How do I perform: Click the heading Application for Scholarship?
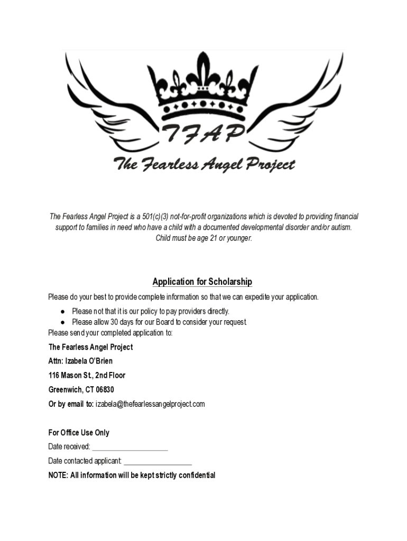pos(202,282)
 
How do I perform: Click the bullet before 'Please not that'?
pos(62,311)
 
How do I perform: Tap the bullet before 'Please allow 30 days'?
pos(62,322)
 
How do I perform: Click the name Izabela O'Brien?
pos(89,361)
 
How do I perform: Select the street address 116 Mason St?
pos(71,376)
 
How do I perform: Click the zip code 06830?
pos(104,390)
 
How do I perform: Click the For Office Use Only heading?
pos(79,433)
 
